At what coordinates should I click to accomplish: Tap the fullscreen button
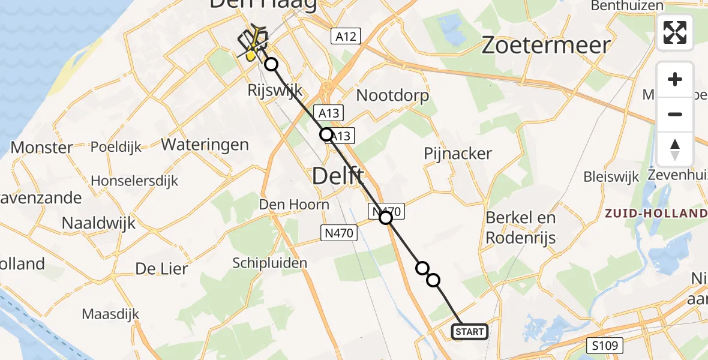[x=675, y=32]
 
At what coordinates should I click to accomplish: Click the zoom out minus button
[x=675, y=114]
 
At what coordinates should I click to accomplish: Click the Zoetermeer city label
[x=546, y=45]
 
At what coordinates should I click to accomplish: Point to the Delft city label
[x=338, y=177]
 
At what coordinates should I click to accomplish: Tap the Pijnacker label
[x=458, y=154]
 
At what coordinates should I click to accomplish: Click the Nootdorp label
[x=393, y=95]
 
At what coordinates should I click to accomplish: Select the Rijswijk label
[x=275, y=91]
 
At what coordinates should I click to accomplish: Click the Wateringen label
[x=205, y=145]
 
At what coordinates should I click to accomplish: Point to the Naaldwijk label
[x=99, y=224]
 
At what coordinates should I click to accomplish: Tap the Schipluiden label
[x=270, y=263]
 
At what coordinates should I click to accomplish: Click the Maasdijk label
[x=110, y=313]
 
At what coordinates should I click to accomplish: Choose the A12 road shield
[x=346, y=36]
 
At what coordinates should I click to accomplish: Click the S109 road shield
[x=605, y=345]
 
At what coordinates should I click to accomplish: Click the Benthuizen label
[x=627, y=6]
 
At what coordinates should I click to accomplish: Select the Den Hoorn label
[x=294, y=205]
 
